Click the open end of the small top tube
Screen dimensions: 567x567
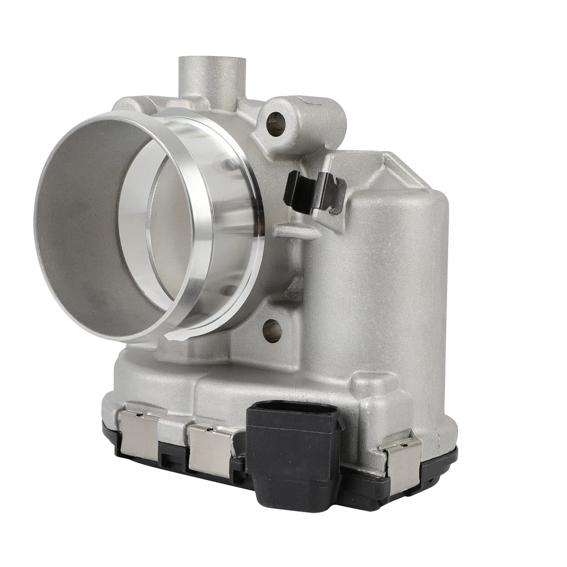(212, 64)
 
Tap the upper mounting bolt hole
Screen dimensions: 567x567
(276, 123)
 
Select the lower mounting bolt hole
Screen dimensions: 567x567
(272, 331)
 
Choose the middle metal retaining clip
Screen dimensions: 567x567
(210, 449)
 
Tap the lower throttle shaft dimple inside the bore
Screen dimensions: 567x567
(227, 289)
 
